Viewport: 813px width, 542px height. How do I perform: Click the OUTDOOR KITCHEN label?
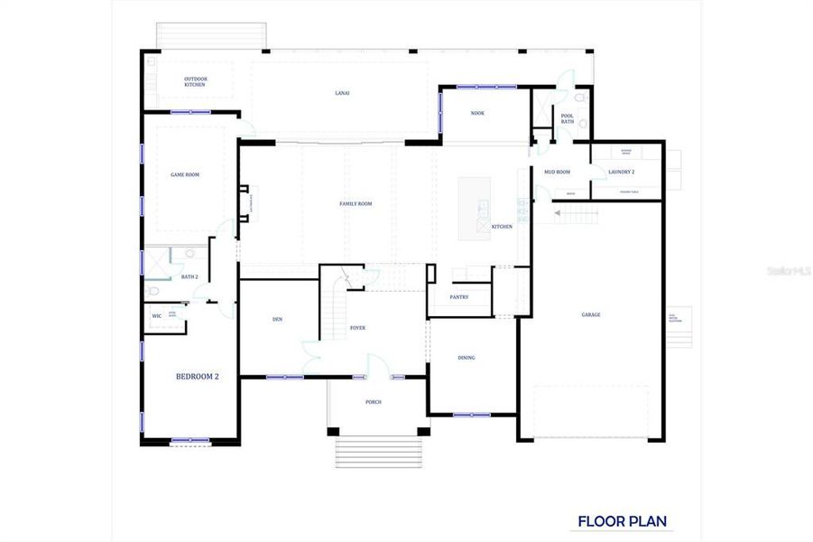(x=195, y=81)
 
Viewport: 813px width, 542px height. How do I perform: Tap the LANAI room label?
(x=342, y=92)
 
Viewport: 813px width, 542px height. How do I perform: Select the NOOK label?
(x=477, y=114)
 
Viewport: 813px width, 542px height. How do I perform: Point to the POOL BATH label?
(x=567, y=118)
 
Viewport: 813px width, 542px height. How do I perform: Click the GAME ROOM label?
(x=185, y=174)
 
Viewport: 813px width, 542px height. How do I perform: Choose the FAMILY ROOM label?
(x=355, y=203)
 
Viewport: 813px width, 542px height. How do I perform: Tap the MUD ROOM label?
(x=557, y=172)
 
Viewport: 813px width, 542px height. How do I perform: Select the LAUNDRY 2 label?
(x=621, y=172)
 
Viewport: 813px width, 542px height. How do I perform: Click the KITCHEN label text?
(x=502, y=227)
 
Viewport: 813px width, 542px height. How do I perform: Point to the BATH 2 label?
(x=189, y=277)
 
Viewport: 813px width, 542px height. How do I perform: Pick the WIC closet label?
(x=156, y=316)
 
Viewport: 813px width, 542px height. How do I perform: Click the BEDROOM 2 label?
(x=197, y=377)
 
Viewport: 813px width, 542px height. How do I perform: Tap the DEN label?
(x=278, y=320)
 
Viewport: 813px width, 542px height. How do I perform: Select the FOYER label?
(x=357, y=328)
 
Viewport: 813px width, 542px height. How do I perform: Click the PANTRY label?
(x=459, y=297)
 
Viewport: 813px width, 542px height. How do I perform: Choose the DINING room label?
(x=466, y=358)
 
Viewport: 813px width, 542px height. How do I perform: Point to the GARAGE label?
(x=590, y=315)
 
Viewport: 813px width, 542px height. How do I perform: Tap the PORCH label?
(x=373, y=402)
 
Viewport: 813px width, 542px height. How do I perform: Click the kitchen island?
(x=474, y=208)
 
